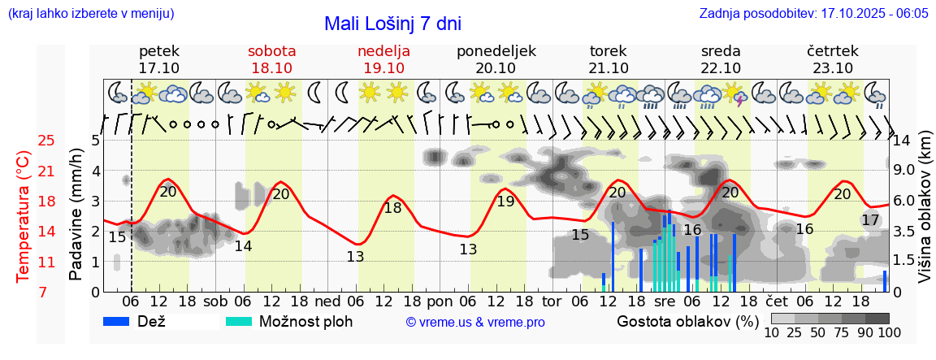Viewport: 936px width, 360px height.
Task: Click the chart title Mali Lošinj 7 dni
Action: click(x=392, y=24)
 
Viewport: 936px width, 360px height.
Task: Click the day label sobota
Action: click(x=271, y=51)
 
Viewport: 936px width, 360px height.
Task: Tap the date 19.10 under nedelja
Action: click(x=383, y=68)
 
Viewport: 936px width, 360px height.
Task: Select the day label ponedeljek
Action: click(x=496, y=51)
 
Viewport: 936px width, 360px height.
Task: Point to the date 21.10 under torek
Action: click(x=608, y=68)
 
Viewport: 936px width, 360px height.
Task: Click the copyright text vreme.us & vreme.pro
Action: click(x=475, y=323)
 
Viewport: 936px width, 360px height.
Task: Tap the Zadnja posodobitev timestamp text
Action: click(x=812, y=14)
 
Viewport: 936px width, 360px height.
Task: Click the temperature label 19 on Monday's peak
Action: click(x=505, y=202)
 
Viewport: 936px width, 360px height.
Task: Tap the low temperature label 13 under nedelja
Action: click(x=355, y=257)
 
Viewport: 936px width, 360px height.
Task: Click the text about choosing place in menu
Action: click(x=90, y=14)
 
